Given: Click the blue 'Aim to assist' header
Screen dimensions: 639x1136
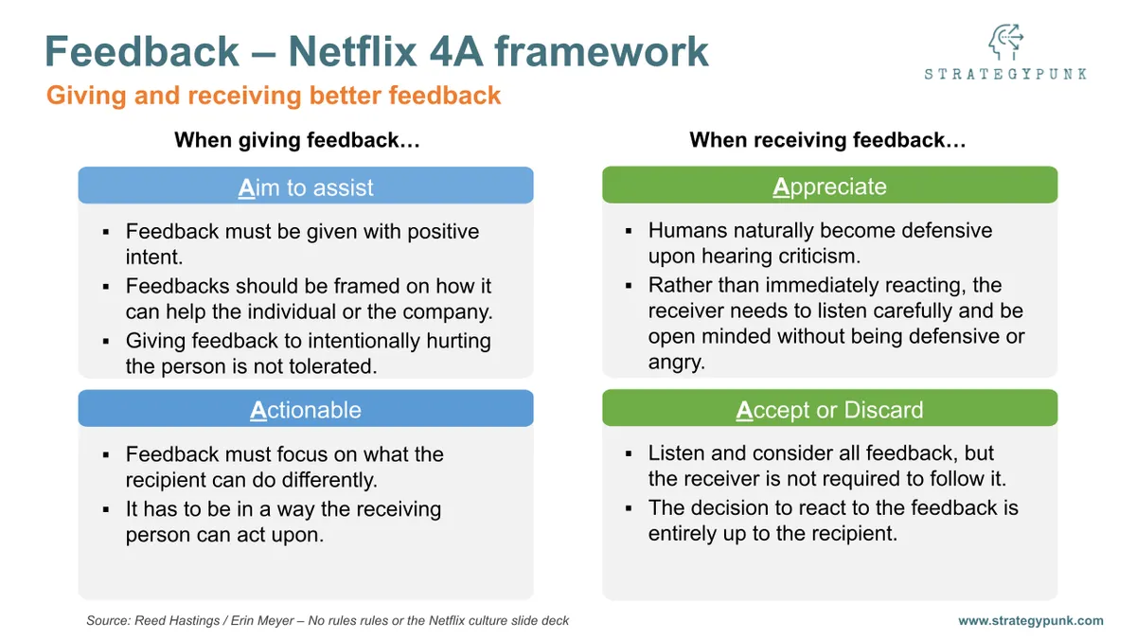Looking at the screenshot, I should [305, 186].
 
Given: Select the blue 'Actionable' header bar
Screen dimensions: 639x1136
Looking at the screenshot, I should [305, 410].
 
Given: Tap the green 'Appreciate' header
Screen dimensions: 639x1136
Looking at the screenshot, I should [829, 186].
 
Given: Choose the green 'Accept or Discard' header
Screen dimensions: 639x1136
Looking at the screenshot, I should [829, 410].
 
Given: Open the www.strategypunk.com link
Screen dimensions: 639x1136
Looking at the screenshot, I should [1030, 621].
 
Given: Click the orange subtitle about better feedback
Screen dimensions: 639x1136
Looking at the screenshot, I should [274, 96].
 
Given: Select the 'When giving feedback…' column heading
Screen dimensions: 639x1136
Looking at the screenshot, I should [297, 140].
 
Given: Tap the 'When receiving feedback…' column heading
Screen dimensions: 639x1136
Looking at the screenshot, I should [827, 140].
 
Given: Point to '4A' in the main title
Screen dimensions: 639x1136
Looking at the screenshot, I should [510, 50].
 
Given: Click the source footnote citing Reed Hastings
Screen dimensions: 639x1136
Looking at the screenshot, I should [328, 621].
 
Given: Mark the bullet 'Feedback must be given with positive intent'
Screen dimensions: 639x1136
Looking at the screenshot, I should [302, 244].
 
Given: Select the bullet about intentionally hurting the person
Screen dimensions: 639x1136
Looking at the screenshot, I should [308, 354].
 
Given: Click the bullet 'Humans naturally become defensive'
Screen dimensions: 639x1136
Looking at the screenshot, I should [820, 243].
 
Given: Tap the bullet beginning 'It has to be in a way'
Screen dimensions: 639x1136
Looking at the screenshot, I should [283, 522].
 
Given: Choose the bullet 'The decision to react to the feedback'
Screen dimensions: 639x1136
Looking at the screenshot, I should [832, 521].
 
